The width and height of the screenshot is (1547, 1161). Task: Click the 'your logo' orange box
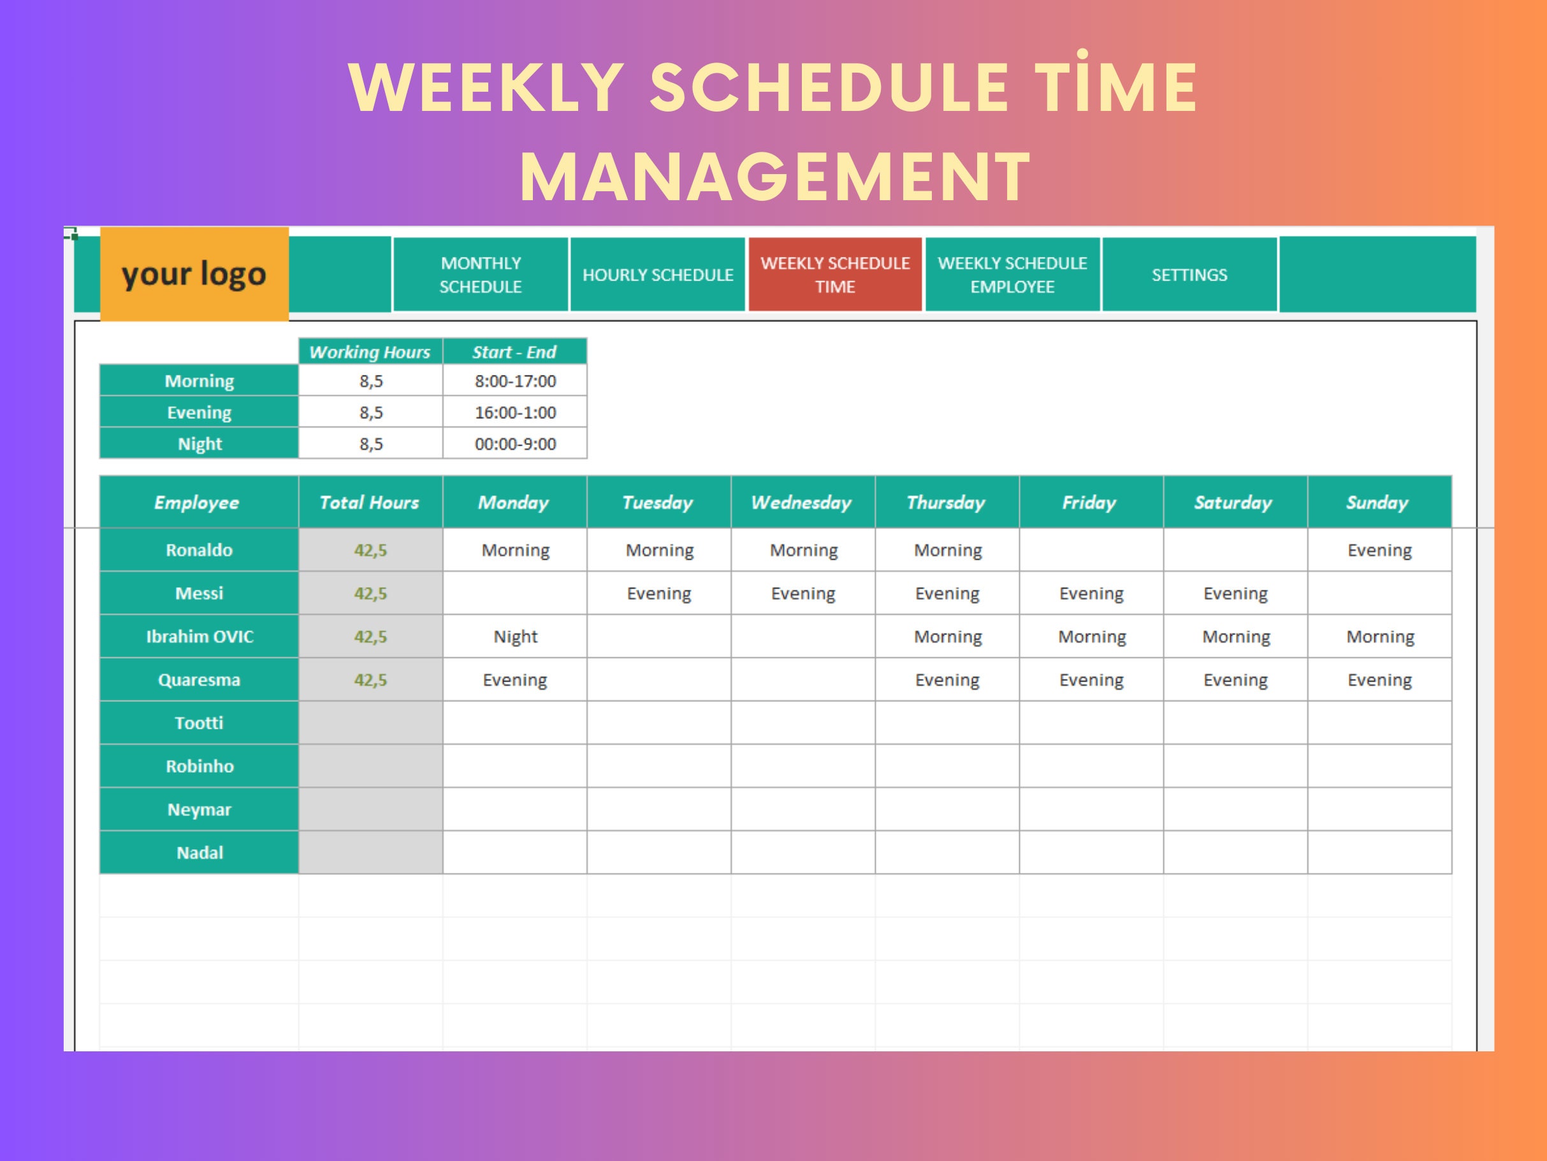click(194, 274)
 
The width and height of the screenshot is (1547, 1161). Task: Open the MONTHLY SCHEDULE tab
click(481, 275)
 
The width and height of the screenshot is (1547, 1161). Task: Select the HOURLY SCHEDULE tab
click(657, 275)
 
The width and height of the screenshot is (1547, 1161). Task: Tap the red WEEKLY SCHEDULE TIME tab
click(835, 275)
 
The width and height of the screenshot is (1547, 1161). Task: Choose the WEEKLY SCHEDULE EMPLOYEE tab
click(1012, 275)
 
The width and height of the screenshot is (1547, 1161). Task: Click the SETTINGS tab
click(1189, 275)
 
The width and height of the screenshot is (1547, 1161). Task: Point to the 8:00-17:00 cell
click(515, 381)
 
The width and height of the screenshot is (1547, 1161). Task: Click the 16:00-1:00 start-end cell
click(515, 413)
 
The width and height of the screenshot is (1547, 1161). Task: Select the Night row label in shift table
click(200, 444)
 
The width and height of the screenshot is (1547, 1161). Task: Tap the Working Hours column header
click(370, 352)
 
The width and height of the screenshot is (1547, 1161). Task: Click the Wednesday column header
click(802, 502)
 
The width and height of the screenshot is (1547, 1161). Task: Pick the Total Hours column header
click(370, 502)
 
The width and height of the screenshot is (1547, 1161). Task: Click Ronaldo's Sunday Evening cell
click(1379, 550)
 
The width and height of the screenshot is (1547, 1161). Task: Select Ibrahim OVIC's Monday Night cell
click(515, 636)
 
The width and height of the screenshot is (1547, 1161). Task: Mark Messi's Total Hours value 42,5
click(370, 594)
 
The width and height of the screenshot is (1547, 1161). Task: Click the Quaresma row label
click(200, 680)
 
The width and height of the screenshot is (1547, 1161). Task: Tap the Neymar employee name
click(200, 810)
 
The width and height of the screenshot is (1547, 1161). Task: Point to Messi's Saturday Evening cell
click(1235, 594)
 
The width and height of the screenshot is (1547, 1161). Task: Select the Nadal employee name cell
click(200, 853)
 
